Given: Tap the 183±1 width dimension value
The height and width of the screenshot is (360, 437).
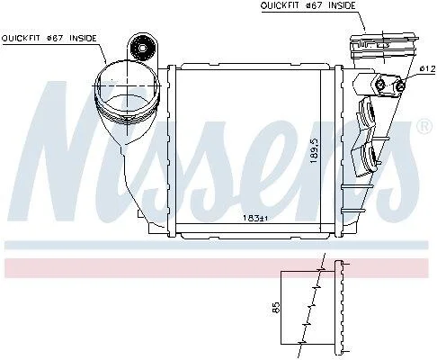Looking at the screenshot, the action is [x=254, y=219].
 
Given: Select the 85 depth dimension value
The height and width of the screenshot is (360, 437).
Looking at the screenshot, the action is [x=276, y=308].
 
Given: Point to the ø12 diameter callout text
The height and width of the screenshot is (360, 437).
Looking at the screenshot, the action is [x=427, y=68].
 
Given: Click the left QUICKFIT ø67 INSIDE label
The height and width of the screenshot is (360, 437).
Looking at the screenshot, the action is [x=49, y=39].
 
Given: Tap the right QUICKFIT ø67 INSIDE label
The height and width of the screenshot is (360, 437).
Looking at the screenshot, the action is [x=308, y=5].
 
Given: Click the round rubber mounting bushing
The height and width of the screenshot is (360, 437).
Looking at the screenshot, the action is [x=143, y=48].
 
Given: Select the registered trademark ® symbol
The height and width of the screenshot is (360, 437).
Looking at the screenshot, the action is [x=424, y=126].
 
